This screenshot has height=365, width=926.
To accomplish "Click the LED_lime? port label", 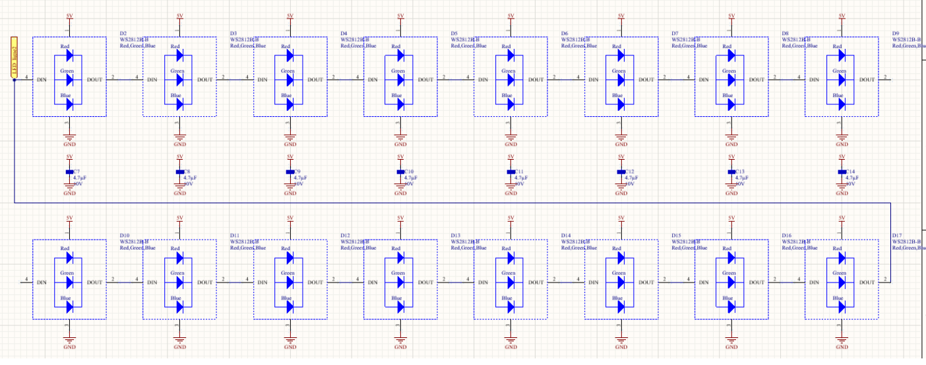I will (x=13, y=59).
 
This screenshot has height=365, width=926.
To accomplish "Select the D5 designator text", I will (x=454, y=33).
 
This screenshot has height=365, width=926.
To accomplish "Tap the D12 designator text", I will (x=345, y=235).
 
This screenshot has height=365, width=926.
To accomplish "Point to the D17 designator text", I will (x=897, y=235).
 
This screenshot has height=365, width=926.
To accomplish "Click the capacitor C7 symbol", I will (x=69, y=171).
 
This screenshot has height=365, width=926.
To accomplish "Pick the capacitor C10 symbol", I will (x=400, y=171).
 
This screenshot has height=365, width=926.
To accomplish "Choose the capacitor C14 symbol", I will (x=842, y=171).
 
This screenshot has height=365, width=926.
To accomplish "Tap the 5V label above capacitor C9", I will (x=290, y=156).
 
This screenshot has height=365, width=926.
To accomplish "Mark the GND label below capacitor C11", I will (x=510, y=193).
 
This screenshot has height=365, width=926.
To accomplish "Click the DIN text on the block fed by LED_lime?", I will (x=43, y=79).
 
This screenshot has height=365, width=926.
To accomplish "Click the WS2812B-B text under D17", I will (x=909, y=242).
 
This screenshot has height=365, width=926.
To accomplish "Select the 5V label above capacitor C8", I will (x=180, y=156).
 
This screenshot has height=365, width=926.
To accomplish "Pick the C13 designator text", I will (x=740, y=171).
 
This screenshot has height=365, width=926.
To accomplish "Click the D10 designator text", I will (x=125, y=235).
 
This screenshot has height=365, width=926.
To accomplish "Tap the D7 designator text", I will (x=675, y=33).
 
